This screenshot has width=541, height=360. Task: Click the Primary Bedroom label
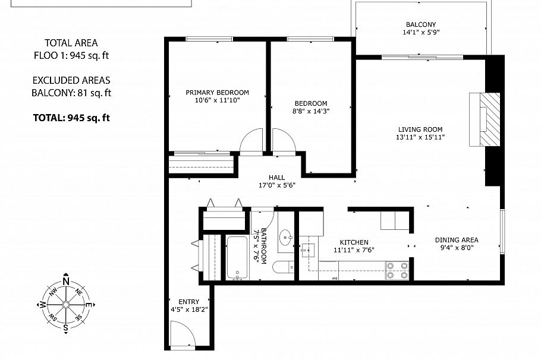coord(217,93)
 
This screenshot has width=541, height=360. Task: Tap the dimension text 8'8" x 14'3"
coord(311,110)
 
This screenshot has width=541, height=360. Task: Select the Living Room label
coord(420,130)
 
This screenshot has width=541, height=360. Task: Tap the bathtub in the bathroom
coord(237,257)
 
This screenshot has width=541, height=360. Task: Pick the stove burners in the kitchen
coord(397,270)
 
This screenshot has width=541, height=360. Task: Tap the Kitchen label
coord(354,242)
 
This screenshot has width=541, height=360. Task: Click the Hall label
coord(276,177)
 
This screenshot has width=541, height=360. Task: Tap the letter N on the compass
coord(66,282)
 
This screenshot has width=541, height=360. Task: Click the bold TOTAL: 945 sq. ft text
coord(71,118)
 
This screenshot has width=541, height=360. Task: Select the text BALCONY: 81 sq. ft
coord(71,93)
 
